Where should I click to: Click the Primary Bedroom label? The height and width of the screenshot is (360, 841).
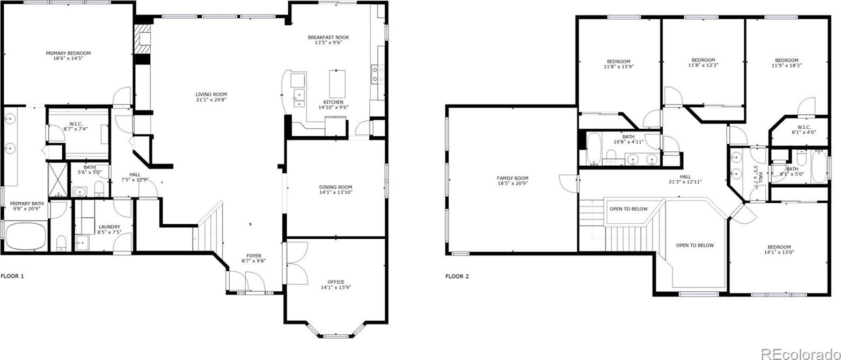point(68,53)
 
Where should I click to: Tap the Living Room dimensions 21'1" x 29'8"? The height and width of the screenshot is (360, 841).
point(211,100)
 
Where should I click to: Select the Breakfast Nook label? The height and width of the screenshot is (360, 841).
point(328,37)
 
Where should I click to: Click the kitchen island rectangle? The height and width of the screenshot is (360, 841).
point(337,84)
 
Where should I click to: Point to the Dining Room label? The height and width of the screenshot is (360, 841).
point(335,187)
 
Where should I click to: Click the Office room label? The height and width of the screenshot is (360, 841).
point(335,282)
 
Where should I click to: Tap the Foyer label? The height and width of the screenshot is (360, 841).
point(254,255)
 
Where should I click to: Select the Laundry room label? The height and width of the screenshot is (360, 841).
point(109,227)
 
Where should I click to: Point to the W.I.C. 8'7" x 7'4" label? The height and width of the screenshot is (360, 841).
point(76,127)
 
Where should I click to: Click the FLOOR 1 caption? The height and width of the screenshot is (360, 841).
point(12,276)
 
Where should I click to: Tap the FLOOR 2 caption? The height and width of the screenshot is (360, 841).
point(457,276)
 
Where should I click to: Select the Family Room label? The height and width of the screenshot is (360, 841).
point(513,178)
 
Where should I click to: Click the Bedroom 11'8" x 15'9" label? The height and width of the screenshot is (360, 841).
point(618,64)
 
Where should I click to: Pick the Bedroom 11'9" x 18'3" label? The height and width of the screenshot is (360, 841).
point(787,63)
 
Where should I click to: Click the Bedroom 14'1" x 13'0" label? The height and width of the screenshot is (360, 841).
point(779,249)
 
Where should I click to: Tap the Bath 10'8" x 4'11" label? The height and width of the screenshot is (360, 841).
point(628,139)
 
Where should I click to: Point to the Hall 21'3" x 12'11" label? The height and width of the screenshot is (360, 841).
point(685,179)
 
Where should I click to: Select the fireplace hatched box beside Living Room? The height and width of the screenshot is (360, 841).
point(143,39)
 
